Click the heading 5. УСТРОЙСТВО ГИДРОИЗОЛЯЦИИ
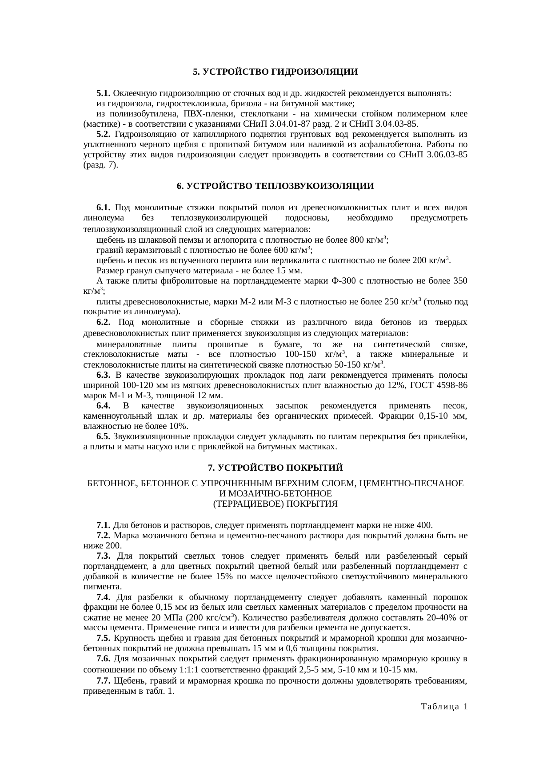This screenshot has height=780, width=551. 275,72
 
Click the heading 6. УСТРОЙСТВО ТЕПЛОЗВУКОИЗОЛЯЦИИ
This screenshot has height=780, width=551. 275,186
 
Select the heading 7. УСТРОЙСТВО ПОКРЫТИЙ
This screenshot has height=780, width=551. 275,468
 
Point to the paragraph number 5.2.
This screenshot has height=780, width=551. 104,134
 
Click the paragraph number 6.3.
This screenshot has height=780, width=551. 104,376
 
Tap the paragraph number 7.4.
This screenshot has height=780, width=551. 104,597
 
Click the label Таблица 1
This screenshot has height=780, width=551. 444,707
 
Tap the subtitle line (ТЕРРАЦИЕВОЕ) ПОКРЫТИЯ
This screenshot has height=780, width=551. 275,504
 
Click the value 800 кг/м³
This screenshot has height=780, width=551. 369,240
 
